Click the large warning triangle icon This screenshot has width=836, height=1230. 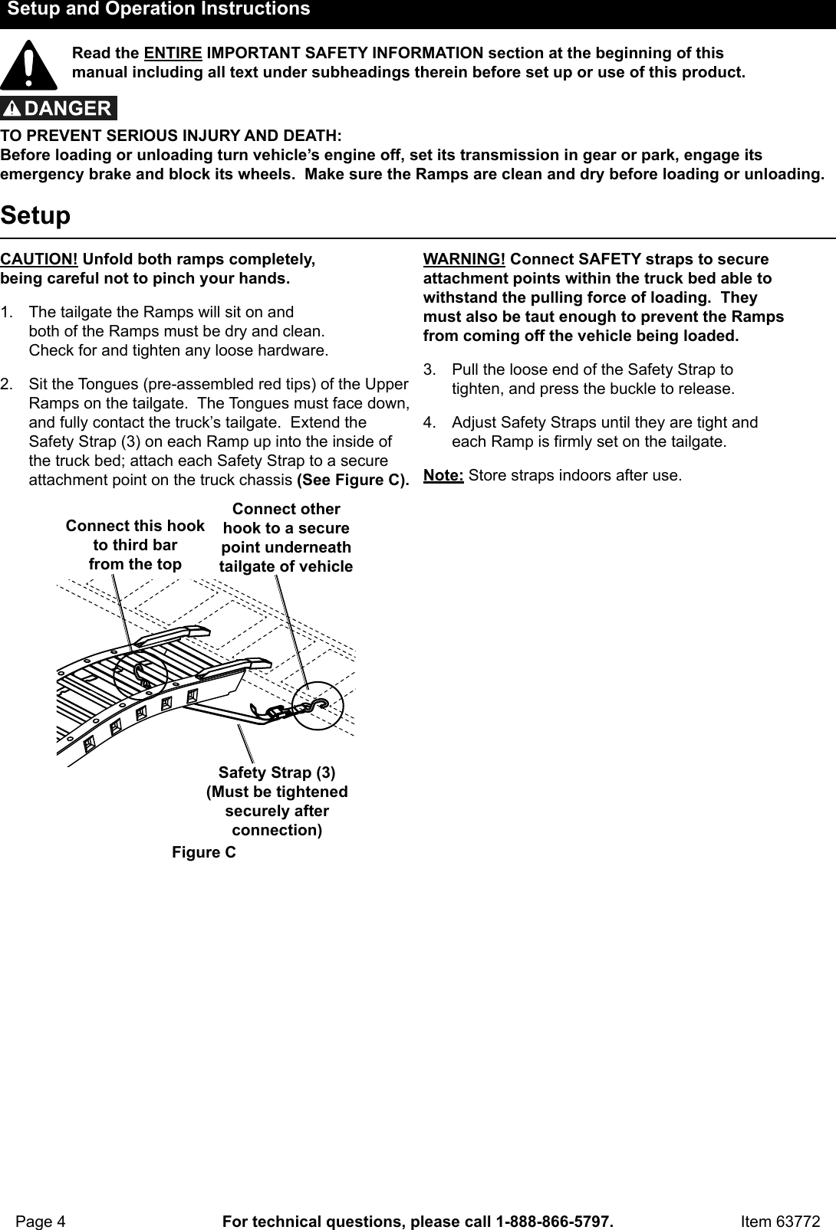(28, 65)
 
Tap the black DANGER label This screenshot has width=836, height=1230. (59, 108)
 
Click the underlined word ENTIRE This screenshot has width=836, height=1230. (173, 54)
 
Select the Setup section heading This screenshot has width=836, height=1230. (35, 215)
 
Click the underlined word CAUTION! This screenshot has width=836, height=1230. (38, 259)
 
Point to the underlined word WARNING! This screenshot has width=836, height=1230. (464, 259)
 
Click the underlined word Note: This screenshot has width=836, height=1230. (443, 475)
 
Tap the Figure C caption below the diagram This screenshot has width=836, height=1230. (204, 852)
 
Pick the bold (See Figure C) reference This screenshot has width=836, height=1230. (352, 480)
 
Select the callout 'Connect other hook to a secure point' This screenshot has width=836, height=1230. (286, 538)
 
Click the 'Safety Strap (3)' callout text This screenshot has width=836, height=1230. (277, 772)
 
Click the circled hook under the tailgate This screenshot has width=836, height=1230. (312, 707)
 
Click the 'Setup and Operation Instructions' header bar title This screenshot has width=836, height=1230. (159, 10)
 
